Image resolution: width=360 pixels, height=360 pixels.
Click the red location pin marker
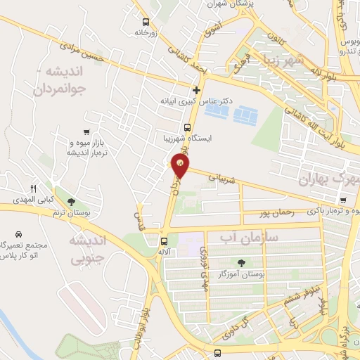click(x=181, y=166)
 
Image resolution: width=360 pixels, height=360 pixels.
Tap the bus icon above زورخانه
click(x=146, y=22)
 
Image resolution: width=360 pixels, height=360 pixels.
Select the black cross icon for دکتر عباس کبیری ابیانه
click(x=196, y=90)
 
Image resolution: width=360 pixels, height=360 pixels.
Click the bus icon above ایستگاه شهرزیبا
click(x=187, y=128)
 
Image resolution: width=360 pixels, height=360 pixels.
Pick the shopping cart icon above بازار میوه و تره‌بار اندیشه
click(x=86, y=131)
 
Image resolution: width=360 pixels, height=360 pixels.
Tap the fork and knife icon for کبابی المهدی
click(x=33, y=188)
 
